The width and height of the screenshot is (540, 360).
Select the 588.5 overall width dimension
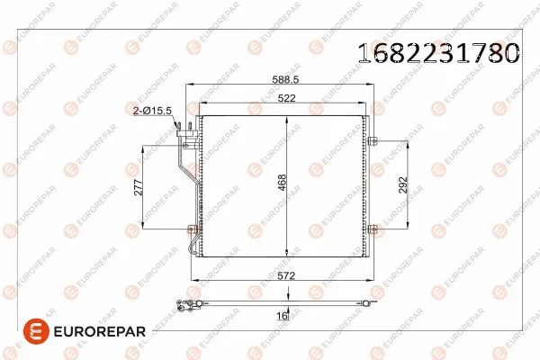point(286,79)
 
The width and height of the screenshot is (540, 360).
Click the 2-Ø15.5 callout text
point(152,109)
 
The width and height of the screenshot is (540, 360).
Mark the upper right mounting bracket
point(372,139)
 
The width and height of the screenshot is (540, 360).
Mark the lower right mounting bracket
point(372,228)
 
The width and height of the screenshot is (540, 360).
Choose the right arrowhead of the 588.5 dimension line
point(373,86)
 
